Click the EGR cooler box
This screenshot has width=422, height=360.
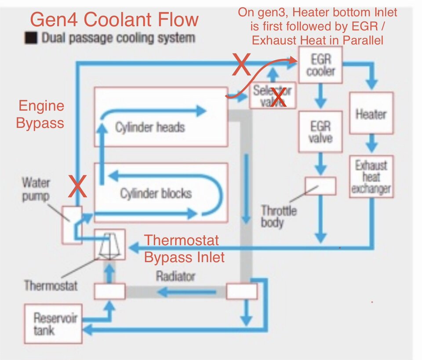[x=321, y=65]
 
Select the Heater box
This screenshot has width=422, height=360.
[x=371, y=113]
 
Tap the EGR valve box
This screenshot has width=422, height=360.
[x=320, y=132]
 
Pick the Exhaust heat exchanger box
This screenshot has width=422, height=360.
[x=371, y=177]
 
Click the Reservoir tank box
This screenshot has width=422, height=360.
[x=53, y=323]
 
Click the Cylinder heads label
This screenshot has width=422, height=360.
[x=150, y=127]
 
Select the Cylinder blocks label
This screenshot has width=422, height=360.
[x=156, y=193]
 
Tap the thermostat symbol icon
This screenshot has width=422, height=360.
[x=109, y=245]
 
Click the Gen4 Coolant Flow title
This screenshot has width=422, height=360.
[x=113, y=20]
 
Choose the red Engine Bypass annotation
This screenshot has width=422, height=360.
[x=40, y=114]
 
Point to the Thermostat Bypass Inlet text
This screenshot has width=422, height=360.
[x=184, y=248]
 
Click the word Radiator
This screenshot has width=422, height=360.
[x=175, y=276]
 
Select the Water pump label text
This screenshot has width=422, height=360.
[x=36, y=189]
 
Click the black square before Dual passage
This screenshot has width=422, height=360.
[x=31, y=38]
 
